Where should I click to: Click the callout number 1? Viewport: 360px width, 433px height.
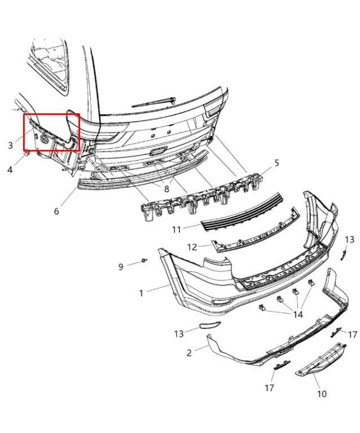pos(141,293)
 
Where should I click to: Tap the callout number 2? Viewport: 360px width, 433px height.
pos(189,353)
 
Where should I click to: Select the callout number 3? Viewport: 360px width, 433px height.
pos(11,145)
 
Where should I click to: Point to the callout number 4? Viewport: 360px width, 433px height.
pos(10,169)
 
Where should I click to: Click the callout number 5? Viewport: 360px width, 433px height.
pos(277,163)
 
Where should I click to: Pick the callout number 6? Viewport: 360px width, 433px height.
pos(56,211)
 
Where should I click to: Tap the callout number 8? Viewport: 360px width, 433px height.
pos(166,189)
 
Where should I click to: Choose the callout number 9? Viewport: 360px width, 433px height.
pos(121,267)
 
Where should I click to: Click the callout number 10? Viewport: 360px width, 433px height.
pos(322,394)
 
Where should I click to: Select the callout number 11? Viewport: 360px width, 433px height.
pos(177,229)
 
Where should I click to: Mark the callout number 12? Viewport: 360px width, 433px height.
pos(192,247)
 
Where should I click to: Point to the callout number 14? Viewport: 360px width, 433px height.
pos(298,314)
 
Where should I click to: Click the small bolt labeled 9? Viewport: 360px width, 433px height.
pos(144,260)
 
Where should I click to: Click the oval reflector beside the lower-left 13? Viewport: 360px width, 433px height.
pos(209,325)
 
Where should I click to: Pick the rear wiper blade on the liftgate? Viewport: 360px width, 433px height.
pos(154,102)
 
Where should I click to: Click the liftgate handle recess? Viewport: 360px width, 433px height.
pos(157,151)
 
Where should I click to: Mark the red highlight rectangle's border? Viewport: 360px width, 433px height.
pos(52,114)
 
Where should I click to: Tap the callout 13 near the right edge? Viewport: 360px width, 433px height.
pos(349,240)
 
